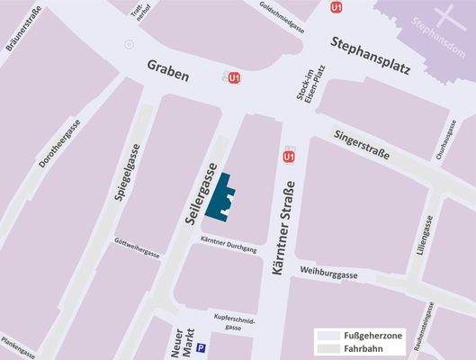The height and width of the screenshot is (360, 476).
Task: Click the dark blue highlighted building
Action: click(220, 198)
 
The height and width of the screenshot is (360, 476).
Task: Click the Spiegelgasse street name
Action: click(124, 176)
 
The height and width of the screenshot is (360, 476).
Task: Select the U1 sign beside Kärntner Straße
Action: click(289, 157)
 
